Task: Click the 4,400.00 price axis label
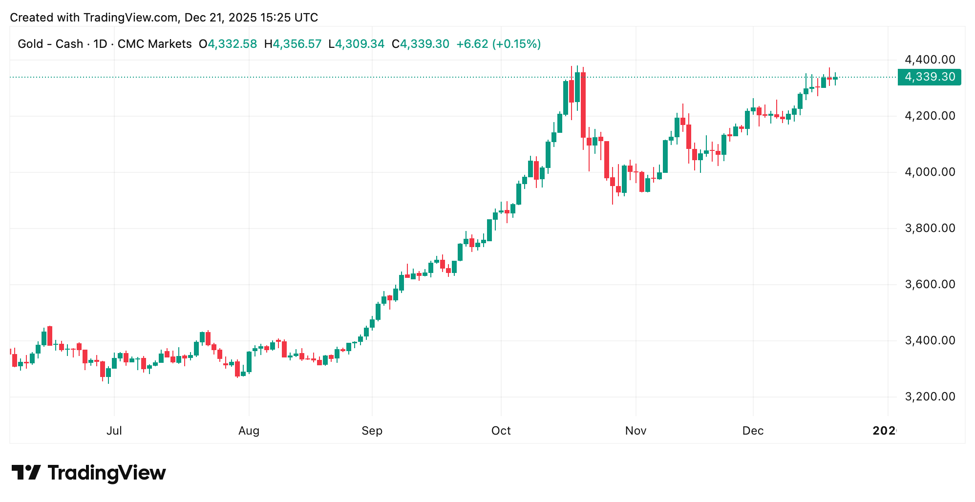[x=930, y=60]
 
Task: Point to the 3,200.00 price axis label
[x=930, y=397]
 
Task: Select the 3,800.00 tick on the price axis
[x=930, y=228]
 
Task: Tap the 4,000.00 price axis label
[x=930, y=172]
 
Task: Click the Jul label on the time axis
[x=114, y=431]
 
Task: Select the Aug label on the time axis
[x=249, y=431]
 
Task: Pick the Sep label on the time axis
[x=372, y=431]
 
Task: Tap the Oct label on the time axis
[x=501, y=431]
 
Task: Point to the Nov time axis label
[x=636, y=431]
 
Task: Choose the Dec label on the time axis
[x=753, y=431]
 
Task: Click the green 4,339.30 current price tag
[x=929, y=77]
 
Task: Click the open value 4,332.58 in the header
[x=232, y=44]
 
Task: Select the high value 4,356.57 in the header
[x=297, y=44]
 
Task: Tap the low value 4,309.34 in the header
[x=360, y=44]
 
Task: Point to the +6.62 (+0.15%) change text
[x=498, y=44]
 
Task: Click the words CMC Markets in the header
[x=154, y=44]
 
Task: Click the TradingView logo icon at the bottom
[x=26, y=473]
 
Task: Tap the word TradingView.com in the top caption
[x=130, y=18]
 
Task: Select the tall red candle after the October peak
[x=583, y=105]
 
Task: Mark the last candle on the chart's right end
[x=835, y=78]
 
